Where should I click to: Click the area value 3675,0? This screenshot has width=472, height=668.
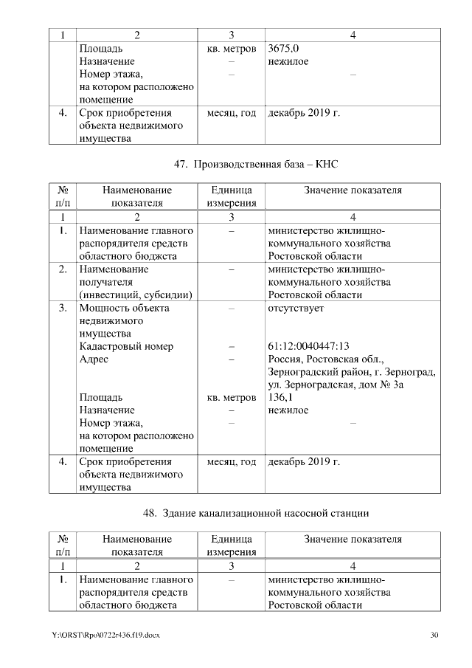[x=284, y=49]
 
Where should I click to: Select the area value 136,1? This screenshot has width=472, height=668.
[x=280, y=396]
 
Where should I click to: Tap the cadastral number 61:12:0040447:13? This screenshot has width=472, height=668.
[x=308, y=346]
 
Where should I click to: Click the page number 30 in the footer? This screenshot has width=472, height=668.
[x=434, y=636]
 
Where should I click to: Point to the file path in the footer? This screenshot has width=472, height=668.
[x=105, y=636]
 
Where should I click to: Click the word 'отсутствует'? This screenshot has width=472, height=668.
[x=296, y=308]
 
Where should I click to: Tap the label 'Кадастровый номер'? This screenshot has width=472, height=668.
[x=125, y=346]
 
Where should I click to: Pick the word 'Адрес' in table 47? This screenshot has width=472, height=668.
[x=94, y=359]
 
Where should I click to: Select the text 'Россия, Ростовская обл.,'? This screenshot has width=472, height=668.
[x=324, y=359]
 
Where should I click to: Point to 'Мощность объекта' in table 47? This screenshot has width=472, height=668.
[x=124, y=308]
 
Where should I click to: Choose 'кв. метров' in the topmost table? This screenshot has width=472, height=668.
[x=231, y=49]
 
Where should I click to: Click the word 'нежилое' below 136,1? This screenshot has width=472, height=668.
[x=288, y=410]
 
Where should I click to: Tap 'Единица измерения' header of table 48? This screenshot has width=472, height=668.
[x=231, y=545]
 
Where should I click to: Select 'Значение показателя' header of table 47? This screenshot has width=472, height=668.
[x=353, y=190]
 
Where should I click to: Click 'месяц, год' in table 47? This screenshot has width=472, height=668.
[x=231, y=461]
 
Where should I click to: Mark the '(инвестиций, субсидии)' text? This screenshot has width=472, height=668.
[x=136, y=295]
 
